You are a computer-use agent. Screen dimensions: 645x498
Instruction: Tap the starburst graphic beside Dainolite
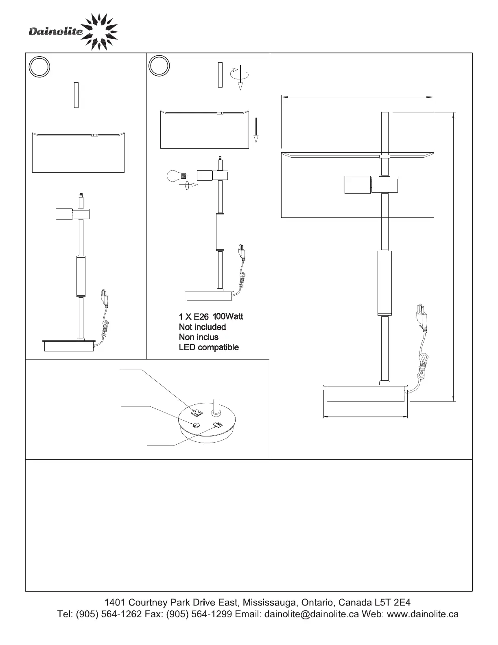[x=99, y=32]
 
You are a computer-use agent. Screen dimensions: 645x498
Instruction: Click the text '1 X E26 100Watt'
[x=211, y=316]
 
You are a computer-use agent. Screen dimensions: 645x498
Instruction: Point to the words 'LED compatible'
[x=209, y=347]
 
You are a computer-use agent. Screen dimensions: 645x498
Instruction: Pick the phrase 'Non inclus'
[x=199, y=337]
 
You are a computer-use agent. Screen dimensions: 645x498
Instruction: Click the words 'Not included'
[x=202, y=327]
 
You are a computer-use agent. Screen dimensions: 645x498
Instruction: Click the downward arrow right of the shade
[x=256, y=130]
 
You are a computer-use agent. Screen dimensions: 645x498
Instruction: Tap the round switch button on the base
[x=196, y=426]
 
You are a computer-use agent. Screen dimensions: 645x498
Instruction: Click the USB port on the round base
[x=218, y=426]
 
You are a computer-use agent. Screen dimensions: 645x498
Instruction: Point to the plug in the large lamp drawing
[x=422, y=316]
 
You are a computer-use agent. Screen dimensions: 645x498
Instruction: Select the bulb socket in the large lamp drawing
[x=357, y=184]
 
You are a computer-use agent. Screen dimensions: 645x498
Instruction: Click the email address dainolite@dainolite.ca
[x=312, y=614]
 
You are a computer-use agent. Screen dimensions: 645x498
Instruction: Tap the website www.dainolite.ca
[x=423, y=614]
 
